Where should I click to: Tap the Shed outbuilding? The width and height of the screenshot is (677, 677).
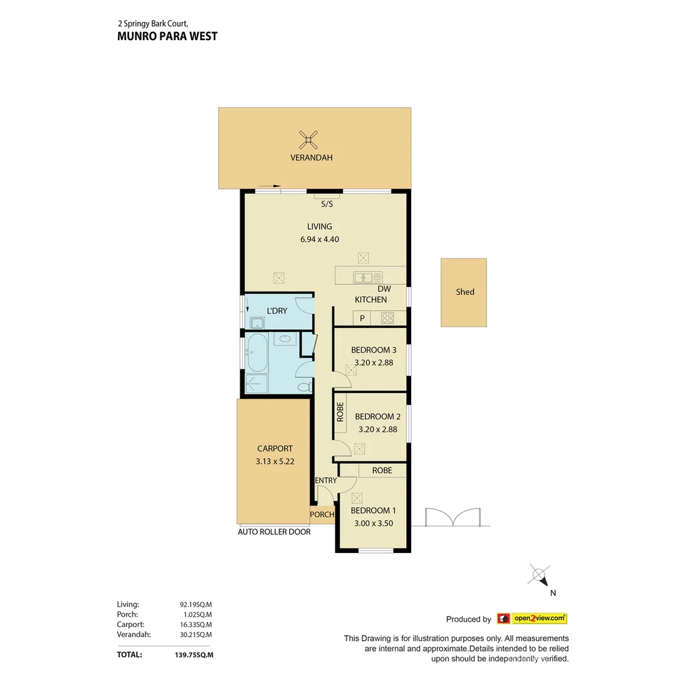(464, 292)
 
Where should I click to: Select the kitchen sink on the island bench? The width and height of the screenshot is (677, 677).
(367, 276)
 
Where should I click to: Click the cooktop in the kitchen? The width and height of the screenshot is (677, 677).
(387, 318)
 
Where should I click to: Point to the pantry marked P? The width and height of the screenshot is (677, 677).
(362, 318)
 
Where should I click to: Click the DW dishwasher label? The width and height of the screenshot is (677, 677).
(384, 289)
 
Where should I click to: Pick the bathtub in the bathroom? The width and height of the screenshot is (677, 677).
(257, 352)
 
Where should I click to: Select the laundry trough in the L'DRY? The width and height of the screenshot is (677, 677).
(257, 323)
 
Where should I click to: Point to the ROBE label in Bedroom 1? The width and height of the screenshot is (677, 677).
(382, 470)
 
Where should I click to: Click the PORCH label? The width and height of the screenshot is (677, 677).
(322, 515)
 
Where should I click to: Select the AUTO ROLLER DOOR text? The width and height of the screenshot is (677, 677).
(274, 532)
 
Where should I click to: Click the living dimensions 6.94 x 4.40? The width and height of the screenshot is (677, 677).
(320, 239)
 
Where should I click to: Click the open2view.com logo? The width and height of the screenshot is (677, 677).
(532, 619)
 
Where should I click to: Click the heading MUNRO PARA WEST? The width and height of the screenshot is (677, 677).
(167, 36)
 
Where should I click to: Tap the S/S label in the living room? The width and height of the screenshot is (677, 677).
(327, 204)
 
